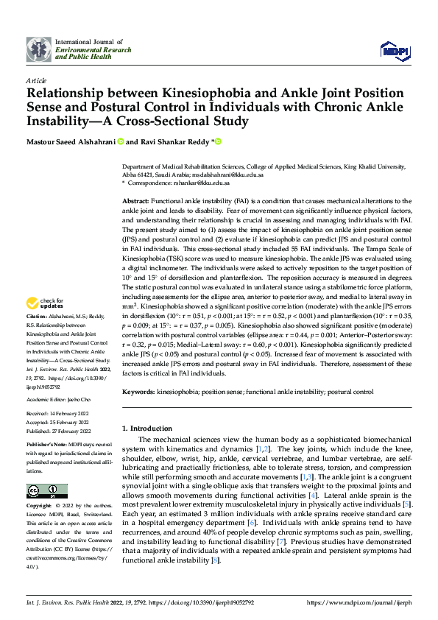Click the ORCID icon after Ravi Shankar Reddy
[x=219, y=141]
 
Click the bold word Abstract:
[x=135, y=201]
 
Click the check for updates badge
[x=47, y=324]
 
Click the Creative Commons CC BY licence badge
[x=46, y=491]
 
